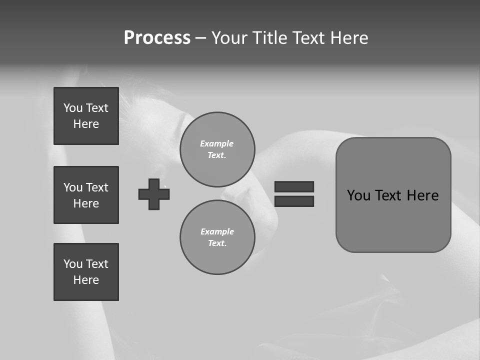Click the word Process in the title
(157, 38)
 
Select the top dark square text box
(86, 116)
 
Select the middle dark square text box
(86, 195)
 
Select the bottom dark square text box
(86, 272)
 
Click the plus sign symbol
(154, 194)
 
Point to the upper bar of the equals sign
(294, 186)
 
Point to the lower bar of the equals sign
(294, 201)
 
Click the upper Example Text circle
(217, 149)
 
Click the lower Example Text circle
(217, 237)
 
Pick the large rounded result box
(393, 220)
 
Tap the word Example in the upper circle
(216, 143)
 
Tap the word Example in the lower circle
(217, 231)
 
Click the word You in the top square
(72, 108)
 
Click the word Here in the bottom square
(86, 280)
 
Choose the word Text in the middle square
(97, 187)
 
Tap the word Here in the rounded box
(422, 195)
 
